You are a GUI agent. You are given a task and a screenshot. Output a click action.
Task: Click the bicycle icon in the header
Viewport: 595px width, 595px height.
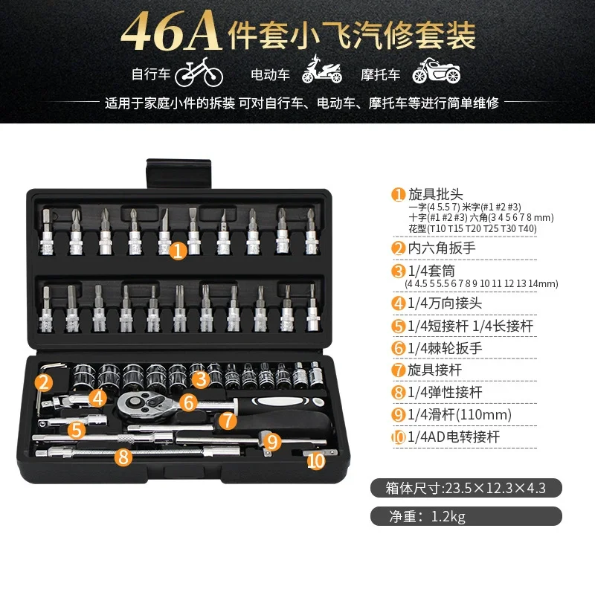199,72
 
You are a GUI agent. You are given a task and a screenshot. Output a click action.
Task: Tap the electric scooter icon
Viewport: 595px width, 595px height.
322,69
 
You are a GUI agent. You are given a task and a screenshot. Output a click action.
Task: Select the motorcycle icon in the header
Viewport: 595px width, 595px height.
437,71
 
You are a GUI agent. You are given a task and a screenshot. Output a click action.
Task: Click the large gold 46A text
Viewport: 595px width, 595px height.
171,31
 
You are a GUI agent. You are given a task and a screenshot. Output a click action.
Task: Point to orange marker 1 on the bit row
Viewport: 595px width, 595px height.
178,251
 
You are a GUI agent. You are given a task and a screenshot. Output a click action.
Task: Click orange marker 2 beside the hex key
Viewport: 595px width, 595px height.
44,382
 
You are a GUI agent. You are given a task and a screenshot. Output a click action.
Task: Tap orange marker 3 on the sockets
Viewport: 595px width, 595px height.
201,379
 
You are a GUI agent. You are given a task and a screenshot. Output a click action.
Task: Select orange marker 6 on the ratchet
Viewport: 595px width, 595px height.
189,402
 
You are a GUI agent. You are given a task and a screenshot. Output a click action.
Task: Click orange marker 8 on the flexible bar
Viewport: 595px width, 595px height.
123,456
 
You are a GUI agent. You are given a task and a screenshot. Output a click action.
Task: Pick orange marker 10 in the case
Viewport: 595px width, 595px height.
316,461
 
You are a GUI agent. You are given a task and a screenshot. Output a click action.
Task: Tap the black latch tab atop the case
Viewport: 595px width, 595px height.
178,174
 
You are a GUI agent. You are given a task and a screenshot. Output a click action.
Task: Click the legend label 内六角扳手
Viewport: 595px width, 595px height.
442,248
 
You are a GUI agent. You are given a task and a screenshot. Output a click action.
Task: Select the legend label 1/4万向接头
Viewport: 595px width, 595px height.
445,303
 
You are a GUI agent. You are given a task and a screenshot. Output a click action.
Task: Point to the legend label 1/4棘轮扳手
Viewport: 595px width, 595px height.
445,347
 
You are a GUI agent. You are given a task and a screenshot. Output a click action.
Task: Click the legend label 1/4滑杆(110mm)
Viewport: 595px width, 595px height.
460,414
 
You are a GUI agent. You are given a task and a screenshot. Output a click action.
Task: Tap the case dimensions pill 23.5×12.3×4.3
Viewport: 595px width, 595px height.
466,488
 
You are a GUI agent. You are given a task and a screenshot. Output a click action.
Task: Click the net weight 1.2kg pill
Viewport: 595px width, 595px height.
466,516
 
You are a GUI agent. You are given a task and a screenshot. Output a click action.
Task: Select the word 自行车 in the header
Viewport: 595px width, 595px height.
151,74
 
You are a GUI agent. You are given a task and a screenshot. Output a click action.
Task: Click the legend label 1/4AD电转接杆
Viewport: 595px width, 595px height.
454,437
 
